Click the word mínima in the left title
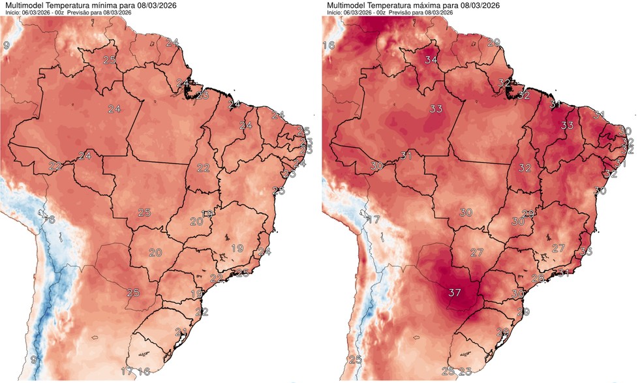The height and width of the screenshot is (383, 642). (100, 5)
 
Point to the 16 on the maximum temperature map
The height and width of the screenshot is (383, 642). (329, 45)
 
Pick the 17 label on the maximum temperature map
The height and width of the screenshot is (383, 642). (373, 219)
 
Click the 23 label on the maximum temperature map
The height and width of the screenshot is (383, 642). (465, 372)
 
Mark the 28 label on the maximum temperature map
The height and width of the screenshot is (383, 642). (538, 279)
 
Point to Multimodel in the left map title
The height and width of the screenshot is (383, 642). (23, 5)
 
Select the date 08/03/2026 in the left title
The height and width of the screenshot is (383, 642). (144, 5)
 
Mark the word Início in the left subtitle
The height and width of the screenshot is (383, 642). (12, 13)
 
